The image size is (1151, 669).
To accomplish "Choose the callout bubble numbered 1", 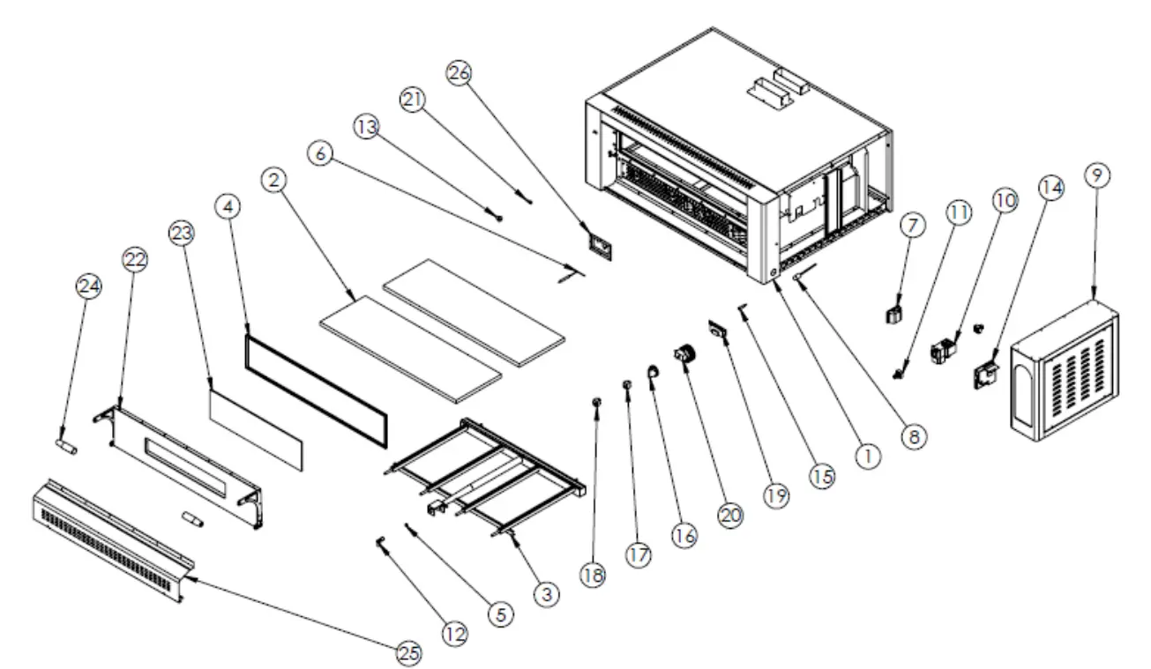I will (x=868, y=456).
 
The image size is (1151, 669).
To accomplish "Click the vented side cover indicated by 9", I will (x=1063, y=370).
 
